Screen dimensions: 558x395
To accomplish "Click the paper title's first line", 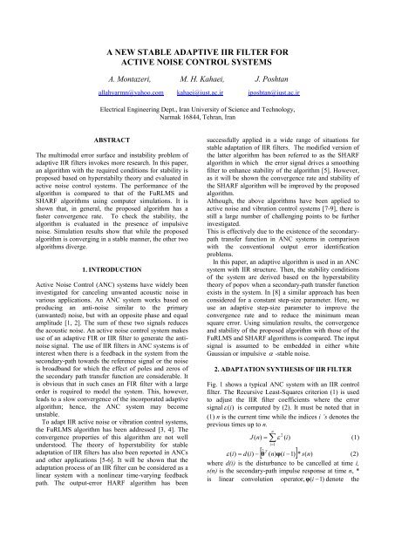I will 197,52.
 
